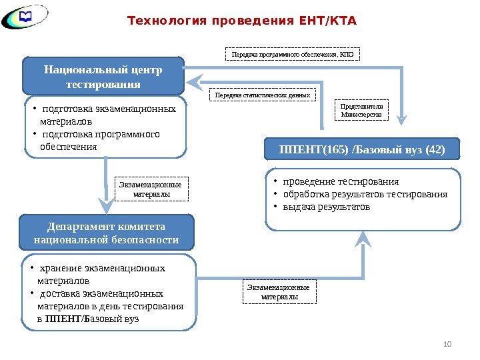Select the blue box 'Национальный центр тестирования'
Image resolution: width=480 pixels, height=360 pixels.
(x=103, y=77)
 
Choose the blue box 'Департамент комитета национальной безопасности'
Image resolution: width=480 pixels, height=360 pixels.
(x=107, y=233)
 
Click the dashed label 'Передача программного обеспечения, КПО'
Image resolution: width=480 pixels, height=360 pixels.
(x=293, y=53)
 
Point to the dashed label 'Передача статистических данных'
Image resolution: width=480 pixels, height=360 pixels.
(x=262, y=95)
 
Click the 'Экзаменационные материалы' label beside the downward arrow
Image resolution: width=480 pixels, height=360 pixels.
(x=152, y=189)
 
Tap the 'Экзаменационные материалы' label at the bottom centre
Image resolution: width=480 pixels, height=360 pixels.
(x=279, y=292)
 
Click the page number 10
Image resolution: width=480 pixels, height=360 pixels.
(x=447, y=344)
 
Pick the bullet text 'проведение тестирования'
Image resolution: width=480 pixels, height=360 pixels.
(x=340, y=181)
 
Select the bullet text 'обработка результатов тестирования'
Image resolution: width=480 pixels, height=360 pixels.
(x=365, y=194)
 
